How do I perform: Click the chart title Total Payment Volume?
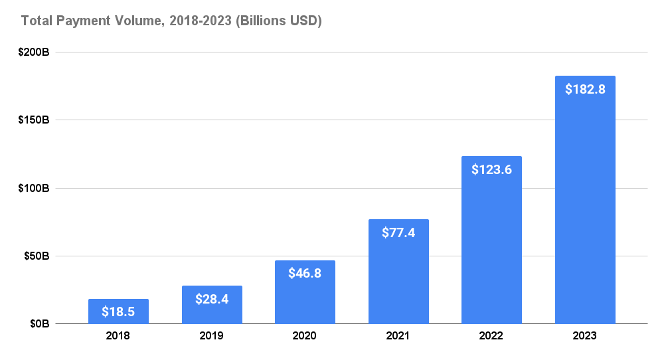[171, 21]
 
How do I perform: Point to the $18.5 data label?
[118, 311]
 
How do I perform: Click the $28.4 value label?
[212, 299]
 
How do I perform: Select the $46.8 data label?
[305, 273]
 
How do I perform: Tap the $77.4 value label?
[398, 232]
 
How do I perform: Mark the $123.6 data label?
[492, 169]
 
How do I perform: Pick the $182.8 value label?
[585, 89]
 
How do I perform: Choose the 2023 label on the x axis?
[585, 336]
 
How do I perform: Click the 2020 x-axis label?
[305, 336]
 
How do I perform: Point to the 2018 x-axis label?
[118, 336]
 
